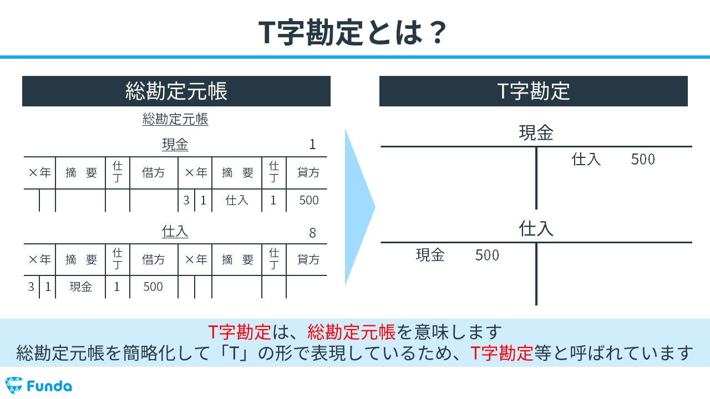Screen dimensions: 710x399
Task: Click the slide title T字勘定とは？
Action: (x=352, y=32)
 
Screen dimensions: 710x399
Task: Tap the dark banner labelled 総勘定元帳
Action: (x=176, y=91)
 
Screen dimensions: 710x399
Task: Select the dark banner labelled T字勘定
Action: (x=534, y=91)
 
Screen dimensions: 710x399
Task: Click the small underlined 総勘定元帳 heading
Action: (x=175, y=119)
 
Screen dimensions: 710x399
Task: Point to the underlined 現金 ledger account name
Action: (x=175, y=145)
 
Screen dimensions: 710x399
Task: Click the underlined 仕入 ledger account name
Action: (x=175, y=232)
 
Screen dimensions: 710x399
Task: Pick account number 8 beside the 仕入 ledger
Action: (x=312, y=233)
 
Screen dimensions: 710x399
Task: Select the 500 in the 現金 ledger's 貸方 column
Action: (x=309, y=200)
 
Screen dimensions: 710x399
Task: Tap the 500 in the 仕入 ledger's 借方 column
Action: (x=153, y=287)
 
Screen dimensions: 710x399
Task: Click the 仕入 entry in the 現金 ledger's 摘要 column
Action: (x=237, y=200)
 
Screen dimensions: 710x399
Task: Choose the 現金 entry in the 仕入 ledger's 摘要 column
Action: (x=80, y=287)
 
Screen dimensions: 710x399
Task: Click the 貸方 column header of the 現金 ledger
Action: (x=308, y=172)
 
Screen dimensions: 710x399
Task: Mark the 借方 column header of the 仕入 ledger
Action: (x=154, y=260)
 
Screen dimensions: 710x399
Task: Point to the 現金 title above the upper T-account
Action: (x=536, y=132)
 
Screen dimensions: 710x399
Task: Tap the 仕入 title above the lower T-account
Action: (x=536, y=229)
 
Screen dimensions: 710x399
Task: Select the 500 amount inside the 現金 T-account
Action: (x=643, y=159)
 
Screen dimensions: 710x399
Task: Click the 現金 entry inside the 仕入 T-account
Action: (x=430, y=255)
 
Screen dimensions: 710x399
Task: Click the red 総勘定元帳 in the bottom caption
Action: (x=351, y=332)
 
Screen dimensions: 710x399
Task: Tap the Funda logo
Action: (x=39, y=386)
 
